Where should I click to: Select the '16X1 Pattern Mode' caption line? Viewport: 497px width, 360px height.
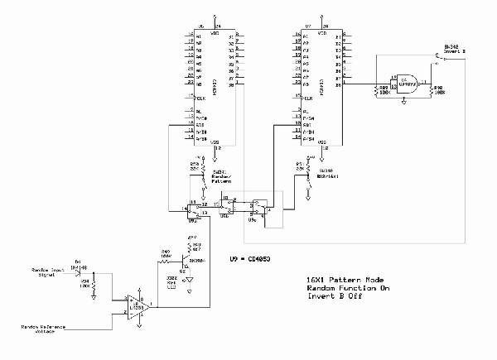tap(342, 281)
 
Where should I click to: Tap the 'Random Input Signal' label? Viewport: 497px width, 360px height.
tap(47, 273)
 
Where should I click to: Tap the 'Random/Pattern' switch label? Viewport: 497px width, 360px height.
tap(221, 178)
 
